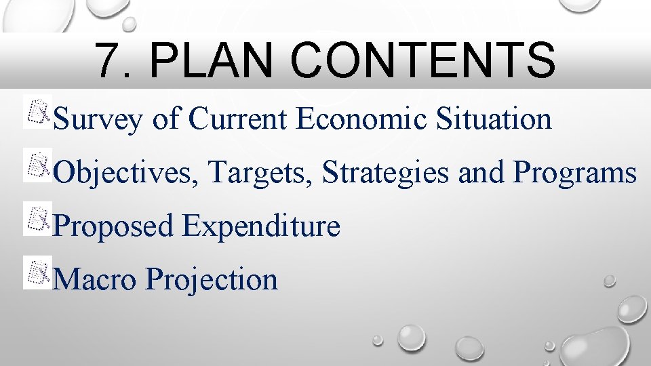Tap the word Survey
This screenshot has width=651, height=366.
click(98, 120)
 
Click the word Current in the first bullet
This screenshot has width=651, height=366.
click(240, 119)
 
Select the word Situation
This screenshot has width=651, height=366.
click(494, 119)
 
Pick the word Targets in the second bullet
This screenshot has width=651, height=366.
click(260, 173)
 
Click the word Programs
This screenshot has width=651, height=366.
click(574, 173)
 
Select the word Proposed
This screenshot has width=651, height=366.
click(113, 226)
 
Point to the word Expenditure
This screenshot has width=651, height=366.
click(260, 226)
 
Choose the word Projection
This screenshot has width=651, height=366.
click(211, 279)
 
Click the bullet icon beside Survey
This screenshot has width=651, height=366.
click(37, 113)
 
